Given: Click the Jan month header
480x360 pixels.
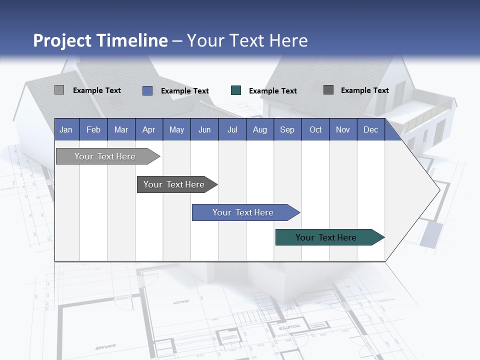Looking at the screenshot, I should tap(66, 129).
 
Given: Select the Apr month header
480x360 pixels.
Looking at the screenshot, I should tap(148, 129).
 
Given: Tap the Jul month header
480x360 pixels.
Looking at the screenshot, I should tap(232, 129).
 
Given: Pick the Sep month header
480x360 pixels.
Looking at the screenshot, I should tap(287, 129).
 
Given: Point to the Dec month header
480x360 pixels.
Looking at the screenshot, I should tap(370, 129).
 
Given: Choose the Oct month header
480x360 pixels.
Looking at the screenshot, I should tap(315, 129).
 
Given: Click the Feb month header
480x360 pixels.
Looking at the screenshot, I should tap(93, 129).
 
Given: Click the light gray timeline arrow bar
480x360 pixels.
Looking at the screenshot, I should tap(105, 156).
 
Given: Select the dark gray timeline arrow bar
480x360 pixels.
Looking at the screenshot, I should tap(174, 184).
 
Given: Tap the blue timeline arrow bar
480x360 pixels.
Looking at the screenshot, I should tap(243, 212).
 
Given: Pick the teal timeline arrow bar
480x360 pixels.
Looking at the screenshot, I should tap(327, 237).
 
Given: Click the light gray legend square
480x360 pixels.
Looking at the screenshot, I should tap(59, 90).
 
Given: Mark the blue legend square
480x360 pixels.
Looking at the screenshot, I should tap(147, 90).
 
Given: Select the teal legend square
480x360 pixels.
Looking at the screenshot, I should tap(236, 90).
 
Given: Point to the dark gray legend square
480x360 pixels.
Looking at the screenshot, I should tap(328, 90).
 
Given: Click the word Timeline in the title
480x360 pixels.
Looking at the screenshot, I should tap(130, 40).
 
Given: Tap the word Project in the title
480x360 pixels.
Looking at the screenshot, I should tap(61, 40).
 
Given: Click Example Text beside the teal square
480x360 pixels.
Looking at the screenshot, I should tap(272, 91).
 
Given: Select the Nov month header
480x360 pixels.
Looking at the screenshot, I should tap(343, 129).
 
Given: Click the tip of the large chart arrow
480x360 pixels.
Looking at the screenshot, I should tap(438, 190).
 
